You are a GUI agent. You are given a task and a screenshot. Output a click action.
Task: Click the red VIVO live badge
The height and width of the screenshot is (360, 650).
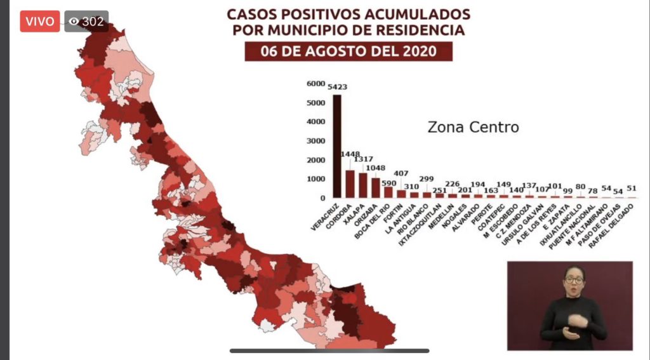(x=40, y=21)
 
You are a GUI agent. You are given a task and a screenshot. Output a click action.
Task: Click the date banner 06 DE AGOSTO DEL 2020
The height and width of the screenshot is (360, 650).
(x=348, y=51)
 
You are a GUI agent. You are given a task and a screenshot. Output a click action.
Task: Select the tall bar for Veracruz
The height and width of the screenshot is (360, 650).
(x=337, y=146)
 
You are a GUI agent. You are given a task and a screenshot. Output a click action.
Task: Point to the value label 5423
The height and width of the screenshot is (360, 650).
(x=337, y=87)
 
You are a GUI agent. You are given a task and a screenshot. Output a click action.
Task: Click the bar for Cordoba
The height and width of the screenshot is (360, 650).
(x=350, y=183)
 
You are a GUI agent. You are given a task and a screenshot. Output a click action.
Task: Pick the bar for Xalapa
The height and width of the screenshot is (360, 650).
(x=363, y=185)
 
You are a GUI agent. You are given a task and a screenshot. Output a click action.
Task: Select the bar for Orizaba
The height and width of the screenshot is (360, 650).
(x=376, y=187)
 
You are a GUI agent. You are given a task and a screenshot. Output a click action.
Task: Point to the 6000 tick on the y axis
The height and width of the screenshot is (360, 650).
(x=315, y=84)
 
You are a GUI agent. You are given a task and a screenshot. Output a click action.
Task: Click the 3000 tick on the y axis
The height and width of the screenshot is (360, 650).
(x=315, y=141)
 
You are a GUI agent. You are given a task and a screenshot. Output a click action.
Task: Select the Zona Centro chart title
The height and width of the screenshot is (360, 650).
(x=473, y=128)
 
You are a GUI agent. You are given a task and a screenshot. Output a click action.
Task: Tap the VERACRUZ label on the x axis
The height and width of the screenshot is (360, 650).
(x=324, y=216)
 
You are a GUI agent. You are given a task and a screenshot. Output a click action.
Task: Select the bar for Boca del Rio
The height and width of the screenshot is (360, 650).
(x=388, y=192)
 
